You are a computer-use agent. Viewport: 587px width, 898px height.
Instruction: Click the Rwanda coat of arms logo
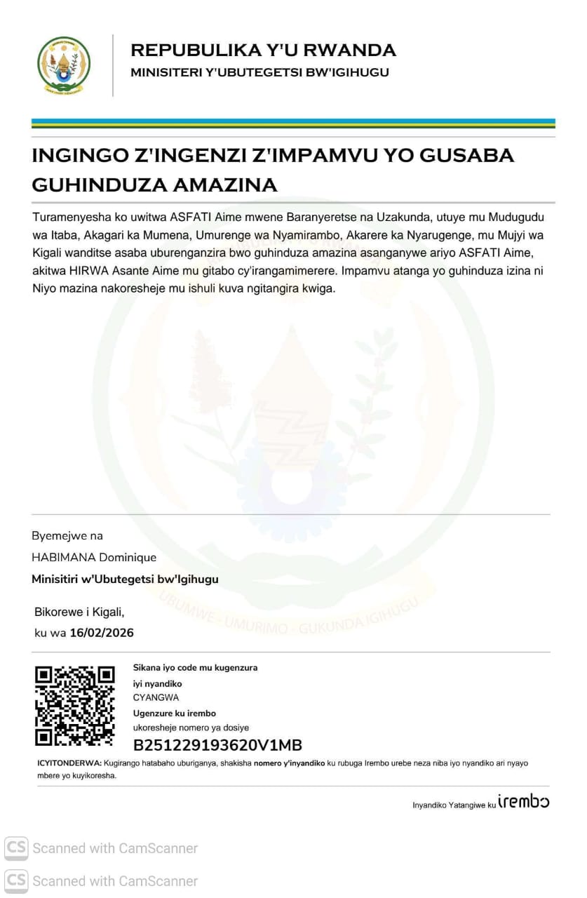pos(63,65)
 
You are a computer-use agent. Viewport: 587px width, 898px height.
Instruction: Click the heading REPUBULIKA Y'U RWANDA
pos(263,51)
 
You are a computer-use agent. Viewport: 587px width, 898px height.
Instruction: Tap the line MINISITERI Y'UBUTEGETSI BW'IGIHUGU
pos(259,72)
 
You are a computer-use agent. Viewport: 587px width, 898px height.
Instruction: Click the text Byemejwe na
pos(67,536)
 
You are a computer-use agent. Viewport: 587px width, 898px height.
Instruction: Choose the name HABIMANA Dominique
pos(94,558)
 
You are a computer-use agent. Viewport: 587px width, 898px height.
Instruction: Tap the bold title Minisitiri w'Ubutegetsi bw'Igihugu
pos(125,579)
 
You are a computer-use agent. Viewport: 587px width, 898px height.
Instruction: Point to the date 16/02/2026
pos(102,633)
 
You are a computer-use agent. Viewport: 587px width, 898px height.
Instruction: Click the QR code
pos(74,706)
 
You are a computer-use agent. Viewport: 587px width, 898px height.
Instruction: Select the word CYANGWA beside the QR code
pos(156,697)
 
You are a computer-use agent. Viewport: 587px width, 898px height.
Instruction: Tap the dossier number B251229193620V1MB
pos(217,745)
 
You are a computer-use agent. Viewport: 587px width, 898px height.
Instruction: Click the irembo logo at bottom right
pos(523,801)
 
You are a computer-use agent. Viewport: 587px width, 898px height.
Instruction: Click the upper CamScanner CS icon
pos(16,848)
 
